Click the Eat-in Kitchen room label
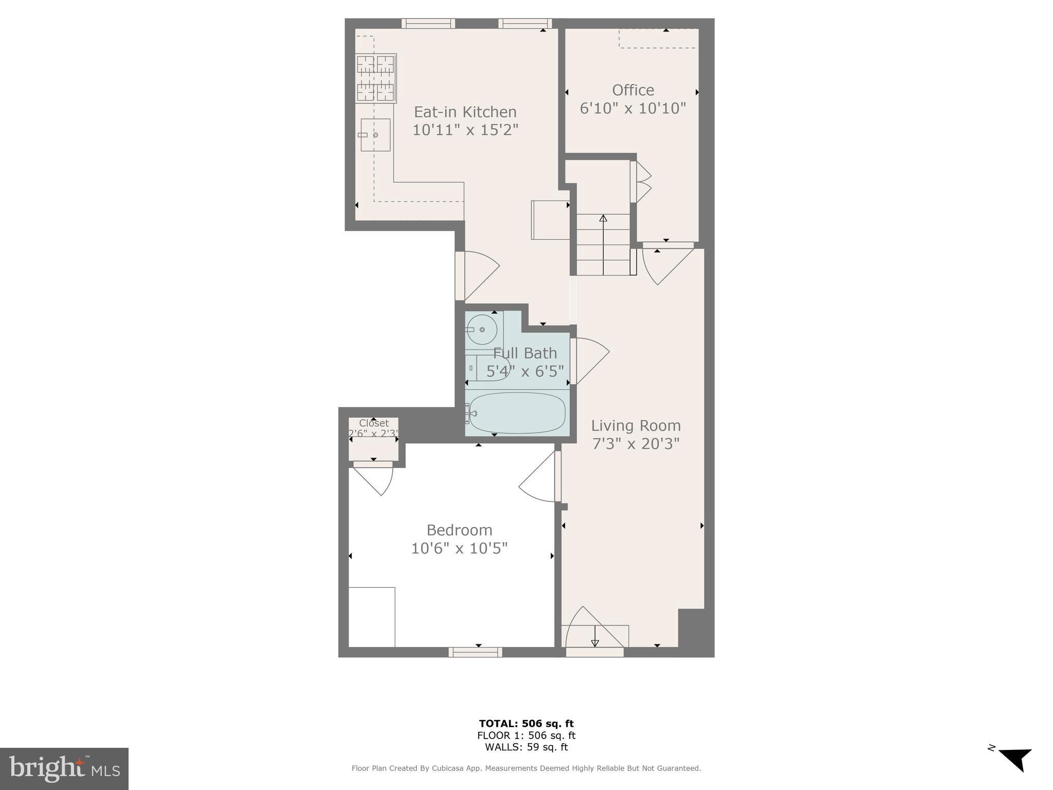(x=465, y=112)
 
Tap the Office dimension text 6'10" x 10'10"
(x=632, y=109)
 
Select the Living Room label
(x=636, y=425)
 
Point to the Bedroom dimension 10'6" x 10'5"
(x=459, y=548)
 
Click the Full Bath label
(x=524, y=353)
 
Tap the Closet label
(x=374, y=423)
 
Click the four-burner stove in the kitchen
(x=376, y=79)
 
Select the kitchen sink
(x=375, y=135)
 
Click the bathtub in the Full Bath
(x=517, y=413)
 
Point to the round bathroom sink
(x=482, y=330)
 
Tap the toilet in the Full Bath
(x=491, y=367)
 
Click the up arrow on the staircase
(x=603, y=219)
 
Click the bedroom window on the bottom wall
(x=475, y=652)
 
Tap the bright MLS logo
(x=64, y=768)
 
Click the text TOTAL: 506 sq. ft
(x=526, y=724)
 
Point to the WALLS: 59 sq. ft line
(x=526, y=747)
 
